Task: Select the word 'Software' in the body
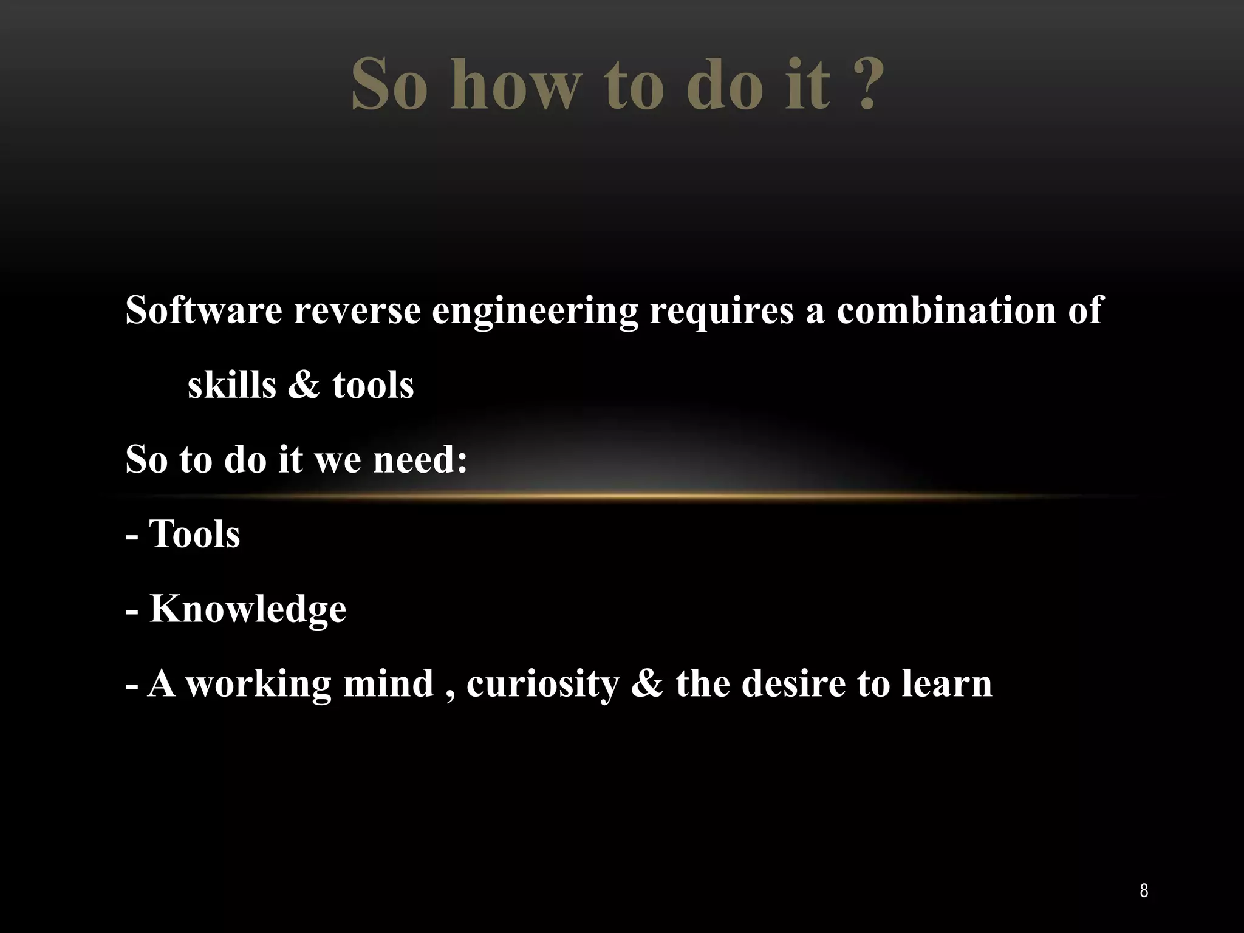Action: tap(203, 310)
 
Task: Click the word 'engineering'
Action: tap(535, 312)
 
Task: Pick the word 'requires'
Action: tap(722, 312)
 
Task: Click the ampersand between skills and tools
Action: tap(303, 385)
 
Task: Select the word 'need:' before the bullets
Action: tap(420, 459)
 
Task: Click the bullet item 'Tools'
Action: tap(194, 535)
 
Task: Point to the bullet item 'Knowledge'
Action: tap(248, 609)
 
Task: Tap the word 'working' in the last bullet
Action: tap(258, 684)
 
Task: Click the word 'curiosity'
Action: tap(542, 684)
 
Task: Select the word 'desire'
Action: tap(793, 683)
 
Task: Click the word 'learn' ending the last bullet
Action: tap(946, 683)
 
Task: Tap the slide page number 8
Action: tap(1144, 891)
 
